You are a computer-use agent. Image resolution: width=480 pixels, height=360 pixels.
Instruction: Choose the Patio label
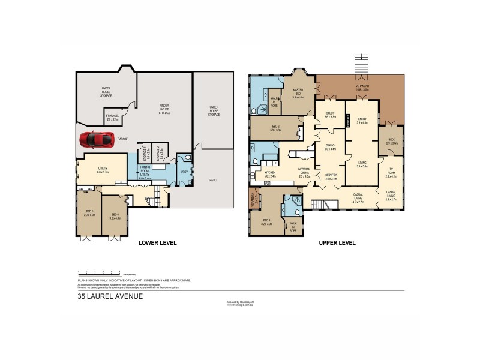(x=214, y=179)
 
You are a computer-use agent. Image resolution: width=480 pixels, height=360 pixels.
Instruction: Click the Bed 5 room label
(x=90, y=213)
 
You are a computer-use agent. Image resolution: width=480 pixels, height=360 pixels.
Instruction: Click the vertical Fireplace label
(x=347, y=121)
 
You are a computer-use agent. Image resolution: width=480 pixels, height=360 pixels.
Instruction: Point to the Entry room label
(x=362, y=121)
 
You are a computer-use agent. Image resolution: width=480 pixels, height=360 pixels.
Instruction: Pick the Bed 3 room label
(x=392, y=142)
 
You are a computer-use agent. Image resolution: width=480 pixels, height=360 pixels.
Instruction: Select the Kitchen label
(x=269, y=175)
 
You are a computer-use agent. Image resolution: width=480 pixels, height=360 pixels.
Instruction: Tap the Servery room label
(x=331, y=177)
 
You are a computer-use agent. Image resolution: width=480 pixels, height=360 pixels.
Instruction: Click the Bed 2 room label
(x=276, y=129)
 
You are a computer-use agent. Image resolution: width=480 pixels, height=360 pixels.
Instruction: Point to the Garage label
(x=122, y=139)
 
